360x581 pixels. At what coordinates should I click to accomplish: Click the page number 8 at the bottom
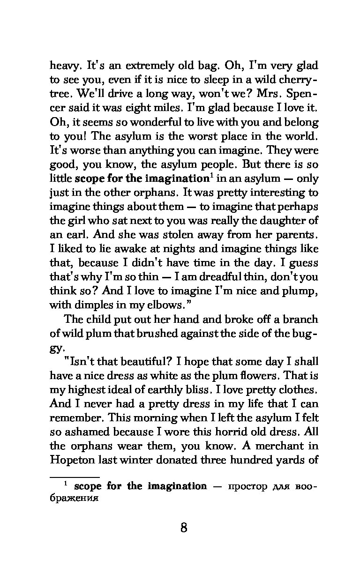(183, 528)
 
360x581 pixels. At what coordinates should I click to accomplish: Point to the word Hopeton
(72, 460)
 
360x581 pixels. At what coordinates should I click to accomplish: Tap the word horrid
(229, 432)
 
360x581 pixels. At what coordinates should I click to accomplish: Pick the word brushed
(135, 333)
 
